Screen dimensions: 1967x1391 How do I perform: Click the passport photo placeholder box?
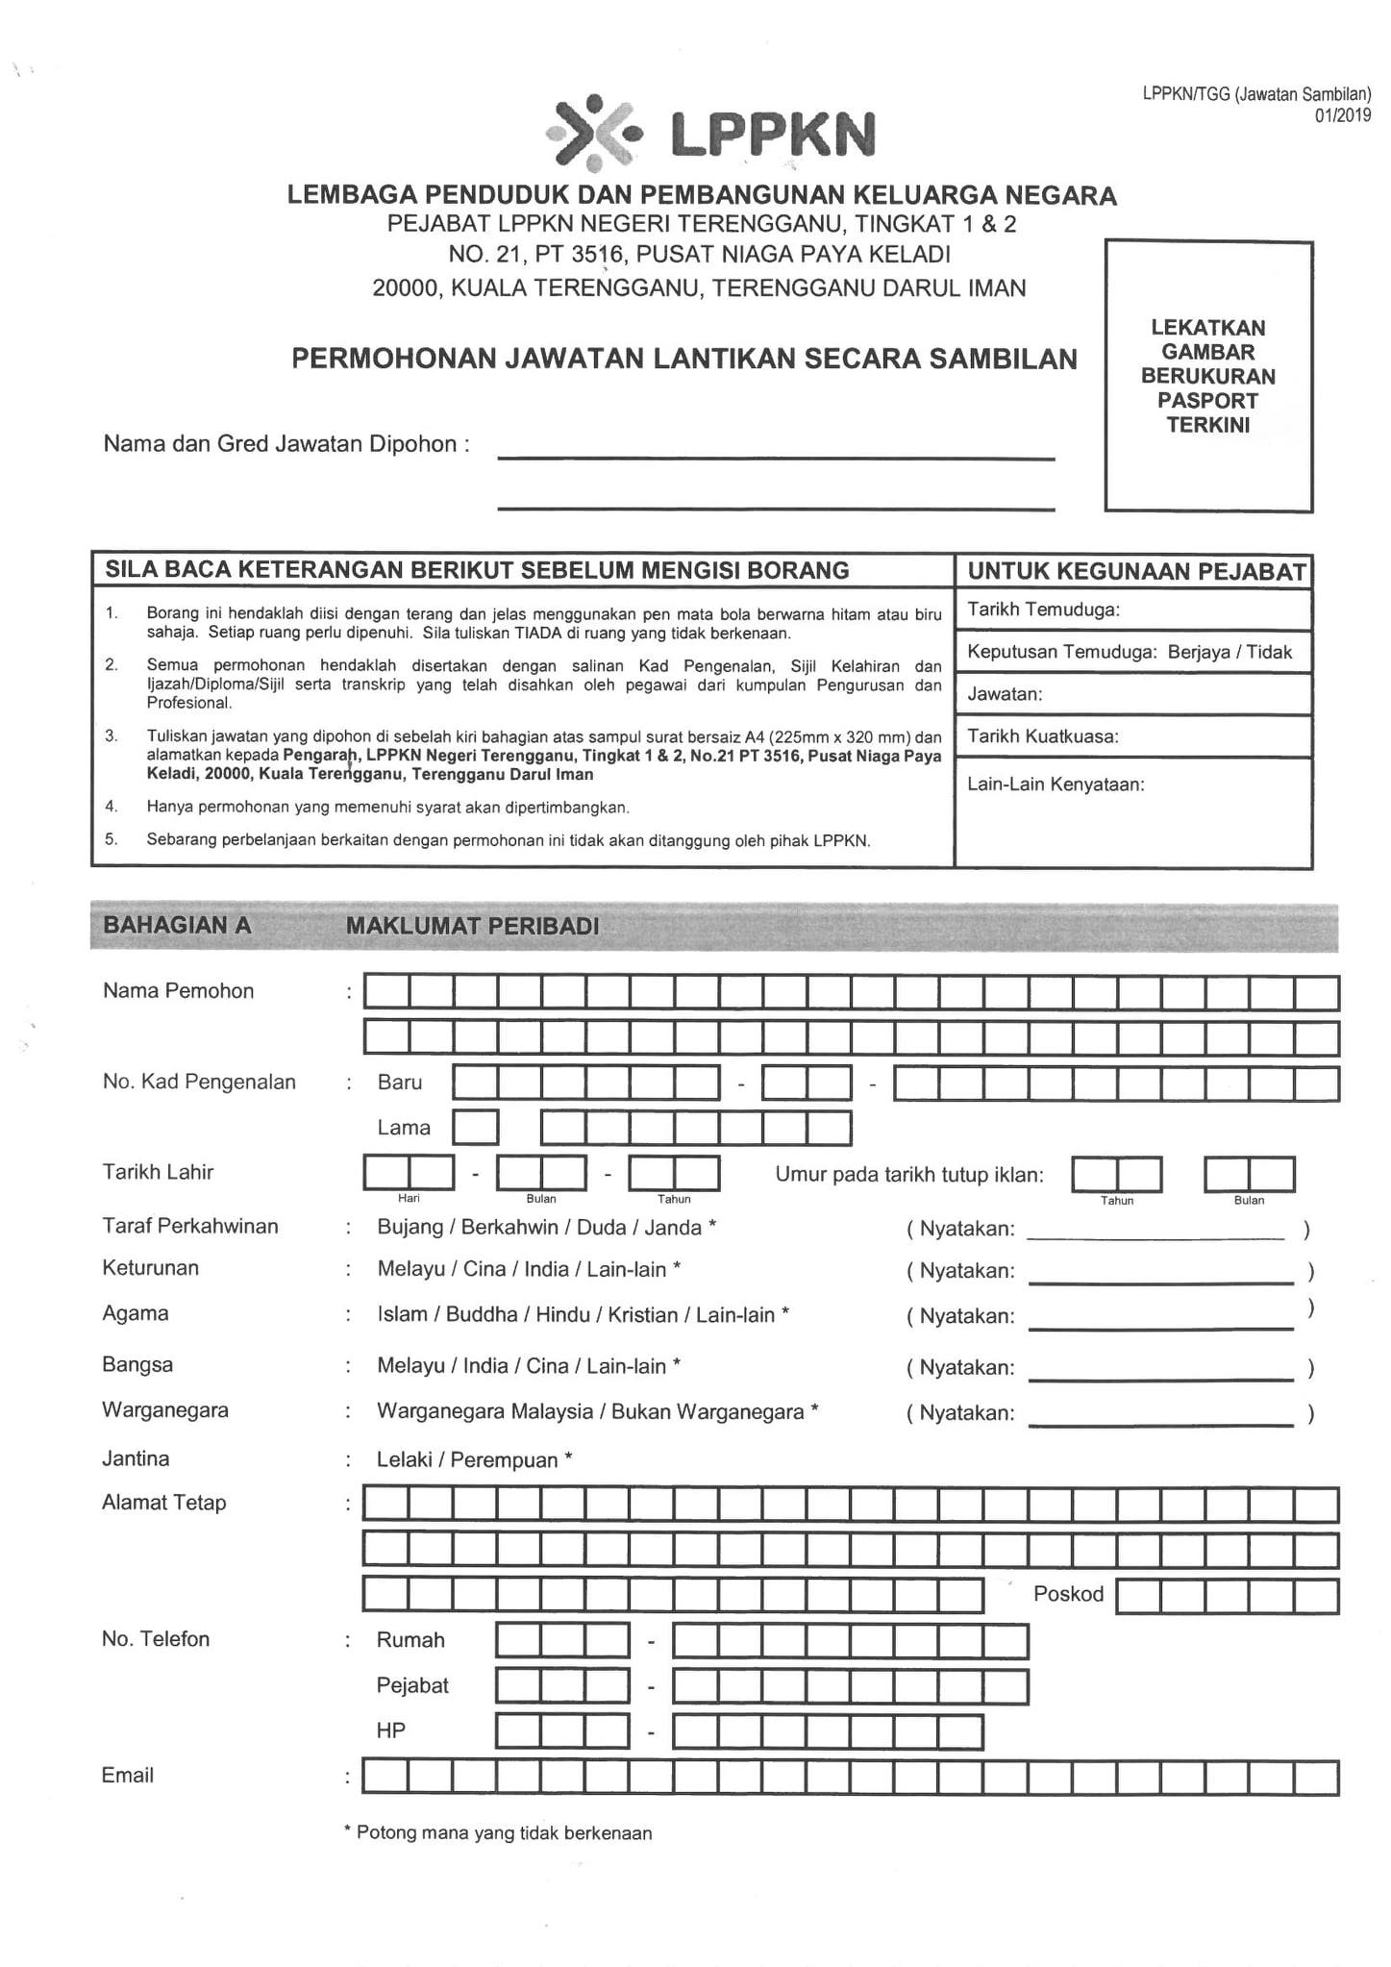tap(1208, 376)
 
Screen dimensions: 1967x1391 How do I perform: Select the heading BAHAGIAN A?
tap(177, 926)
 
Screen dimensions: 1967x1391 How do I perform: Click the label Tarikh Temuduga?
tap(1043, 610)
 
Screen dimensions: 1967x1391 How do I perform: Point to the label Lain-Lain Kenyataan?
tap(1056, 784)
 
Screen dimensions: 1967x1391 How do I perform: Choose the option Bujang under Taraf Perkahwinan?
tap(410, 1228)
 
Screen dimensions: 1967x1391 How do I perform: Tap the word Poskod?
tap(1068, 1594)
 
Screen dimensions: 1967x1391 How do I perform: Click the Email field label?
tap(128, 1776)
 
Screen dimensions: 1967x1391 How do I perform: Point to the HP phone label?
tap(391, 1730)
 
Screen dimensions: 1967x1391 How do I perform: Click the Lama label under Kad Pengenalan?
tap(404, 1128)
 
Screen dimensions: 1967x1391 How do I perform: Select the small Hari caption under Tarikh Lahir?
tap(409, 1198)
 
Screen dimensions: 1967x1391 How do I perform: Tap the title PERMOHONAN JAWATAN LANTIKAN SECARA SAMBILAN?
tap(683, 359)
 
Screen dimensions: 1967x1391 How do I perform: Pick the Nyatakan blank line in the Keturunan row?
tap(1160, 1279)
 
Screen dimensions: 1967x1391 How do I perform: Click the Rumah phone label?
tap(410, 1640)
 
